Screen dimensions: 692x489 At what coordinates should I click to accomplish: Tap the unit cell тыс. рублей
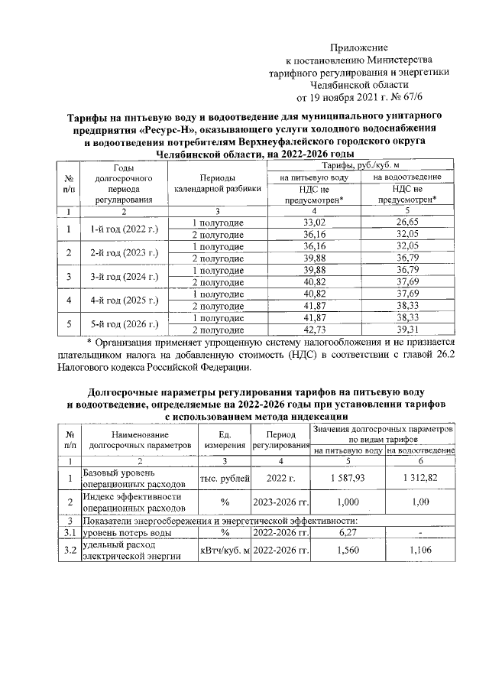225,479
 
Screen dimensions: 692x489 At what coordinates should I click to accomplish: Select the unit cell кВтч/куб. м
225,551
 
